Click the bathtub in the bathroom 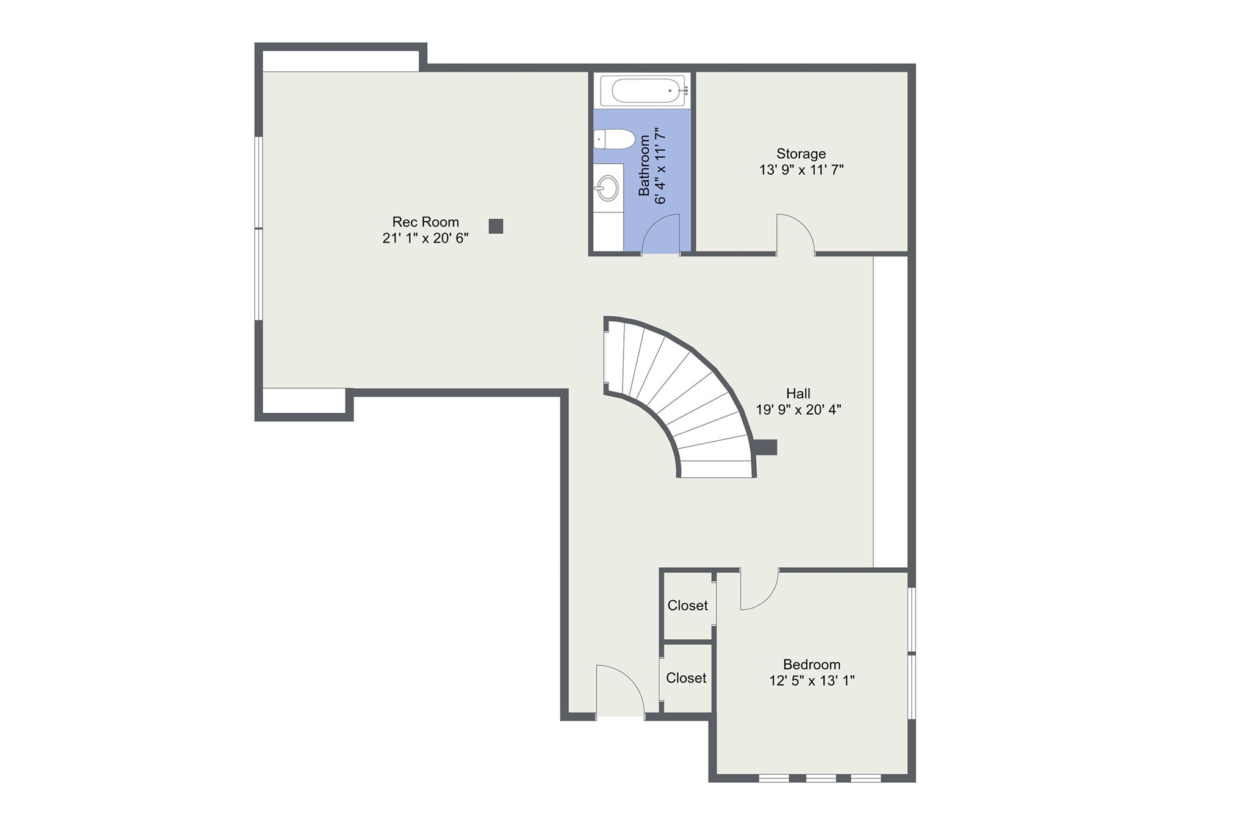[645, 90]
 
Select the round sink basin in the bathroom [607, 187]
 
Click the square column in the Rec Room [496, 227]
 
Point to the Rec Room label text [425, 222]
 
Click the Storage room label [801, 154]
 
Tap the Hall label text [798, 394]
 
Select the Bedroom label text [811, 664]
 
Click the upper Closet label [687, 606]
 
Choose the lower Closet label [686, 678]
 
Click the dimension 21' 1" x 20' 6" [425, 238]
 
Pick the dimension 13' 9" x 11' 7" [801, 170]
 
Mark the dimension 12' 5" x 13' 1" [811, 680]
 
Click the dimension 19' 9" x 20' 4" [798, 410]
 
